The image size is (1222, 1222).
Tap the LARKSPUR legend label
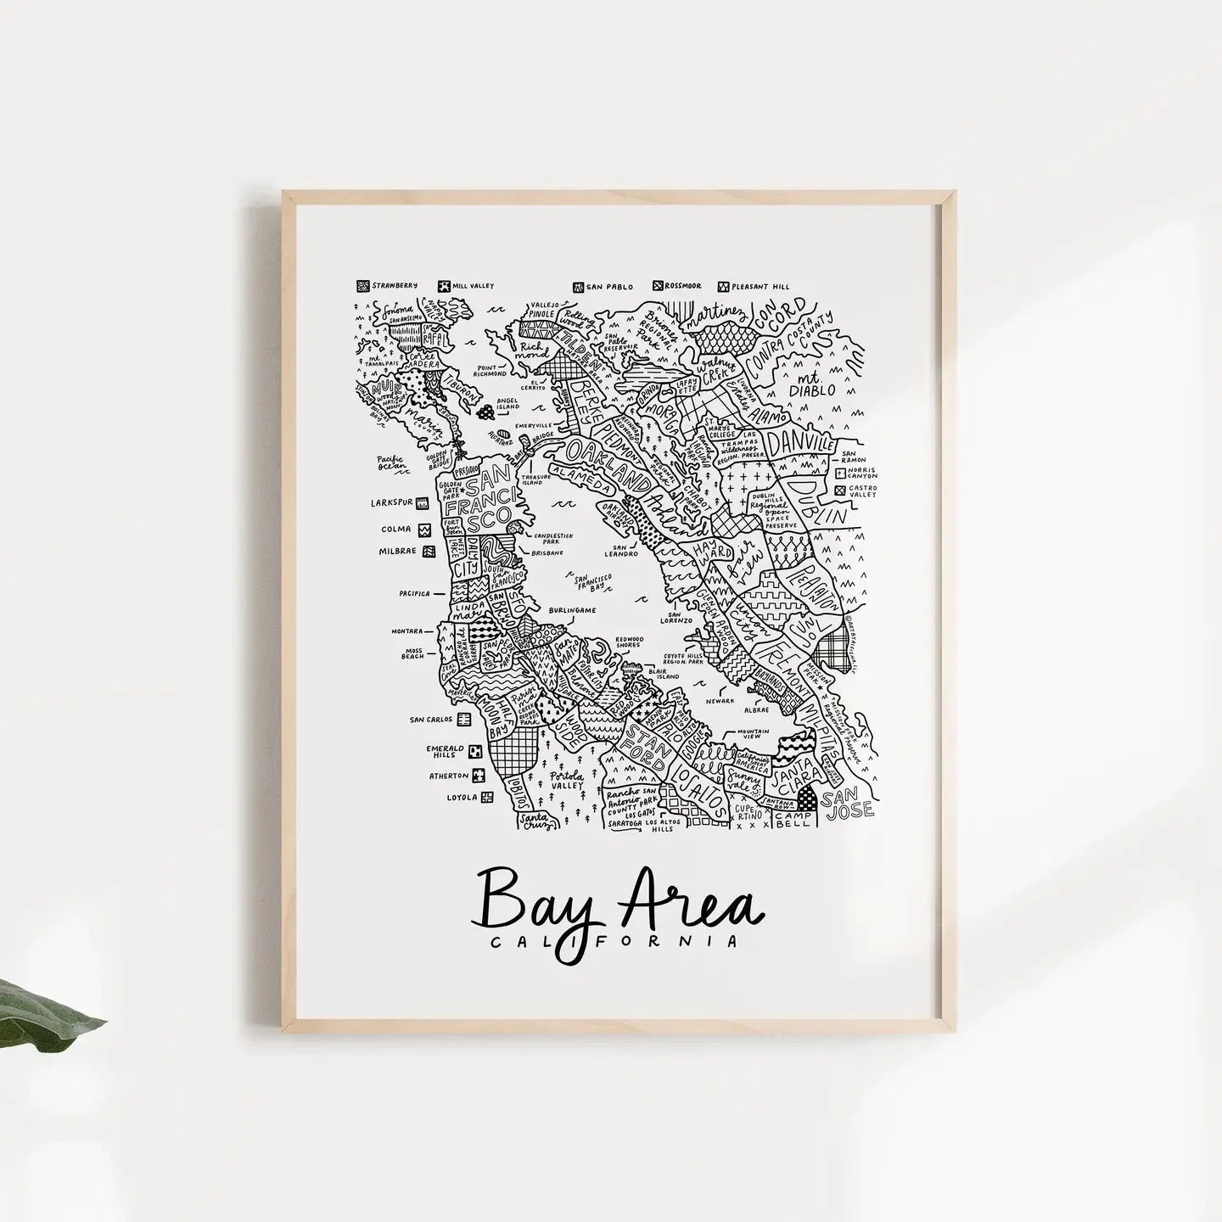pyautogui.click(x=391, y=502)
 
